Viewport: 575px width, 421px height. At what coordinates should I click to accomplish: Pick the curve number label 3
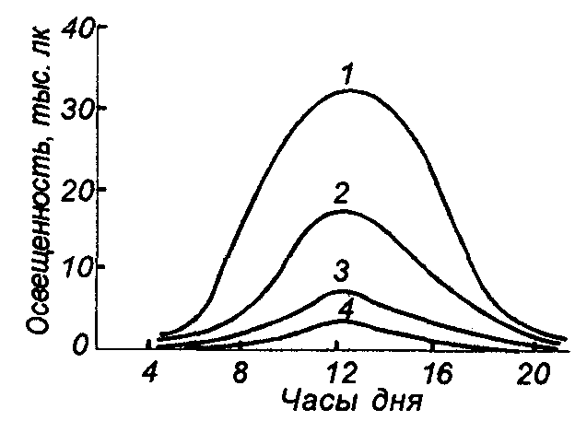[x=340, y=274]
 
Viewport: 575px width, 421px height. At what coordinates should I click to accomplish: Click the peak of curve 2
[x=342, y=211]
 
